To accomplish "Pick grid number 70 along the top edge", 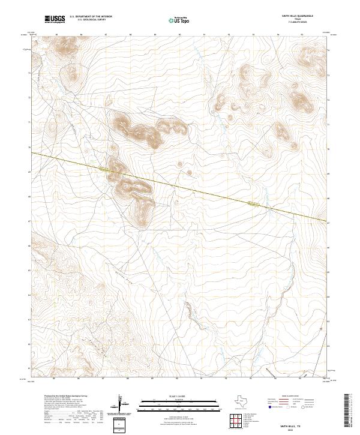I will [x=179, y=35].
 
